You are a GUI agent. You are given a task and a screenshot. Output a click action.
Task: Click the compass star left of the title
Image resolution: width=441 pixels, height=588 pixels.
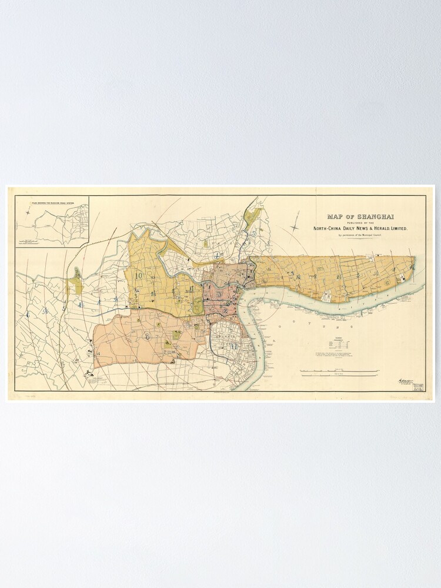295,227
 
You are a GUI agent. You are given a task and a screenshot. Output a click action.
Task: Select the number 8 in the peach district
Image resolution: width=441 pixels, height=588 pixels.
146,336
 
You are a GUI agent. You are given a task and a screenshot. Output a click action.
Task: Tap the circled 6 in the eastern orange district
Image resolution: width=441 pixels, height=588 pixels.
387,282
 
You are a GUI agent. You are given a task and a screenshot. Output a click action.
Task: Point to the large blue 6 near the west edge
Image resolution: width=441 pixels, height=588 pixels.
27,315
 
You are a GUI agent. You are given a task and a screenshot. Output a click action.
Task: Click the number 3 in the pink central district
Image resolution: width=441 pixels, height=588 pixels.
219,295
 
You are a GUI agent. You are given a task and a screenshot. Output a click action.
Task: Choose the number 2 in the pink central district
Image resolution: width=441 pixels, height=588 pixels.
225,310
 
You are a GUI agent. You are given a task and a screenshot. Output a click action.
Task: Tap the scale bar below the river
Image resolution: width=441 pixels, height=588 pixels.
339,372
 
